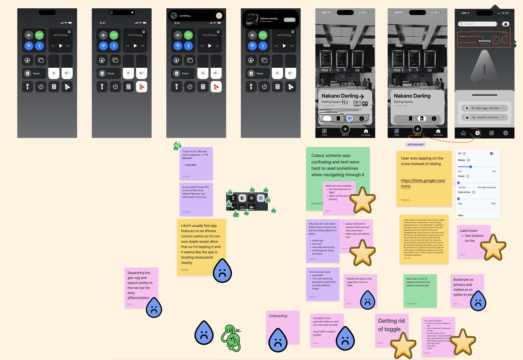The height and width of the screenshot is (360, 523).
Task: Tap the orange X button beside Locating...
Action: click(x=219, y=16)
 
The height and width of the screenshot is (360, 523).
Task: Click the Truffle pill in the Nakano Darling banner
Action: click(x=290, y=20)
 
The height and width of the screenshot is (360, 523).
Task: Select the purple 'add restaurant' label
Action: click(x=415, y=145)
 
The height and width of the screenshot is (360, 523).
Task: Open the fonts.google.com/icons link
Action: click(x=423, y=183)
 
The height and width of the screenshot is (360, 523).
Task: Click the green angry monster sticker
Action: click(x=231, y=338)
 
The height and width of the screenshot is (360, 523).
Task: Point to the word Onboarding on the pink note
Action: click(x=278, y=316)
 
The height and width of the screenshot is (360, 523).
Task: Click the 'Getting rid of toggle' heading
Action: click(x=391, y=325)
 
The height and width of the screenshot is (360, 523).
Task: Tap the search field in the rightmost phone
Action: click(x=478, y=24)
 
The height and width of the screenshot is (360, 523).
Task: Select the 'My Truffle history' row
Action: click(x=485, y=117)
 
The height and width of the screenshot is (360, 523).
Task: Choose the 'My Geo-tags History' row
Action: click(x=485, y=108)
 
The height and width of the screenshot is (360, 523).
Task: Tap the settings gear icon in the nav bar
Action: click(x=506, y=133)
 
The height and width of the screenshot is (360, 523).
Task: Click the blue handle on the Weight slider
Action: click(x=471, y=167)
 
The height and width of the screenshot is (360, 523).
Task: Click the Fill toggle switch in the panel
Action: click(x=492, y=153)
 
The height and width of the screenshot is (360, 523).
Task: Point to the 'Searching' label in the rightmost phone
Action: click(x=484, y=41)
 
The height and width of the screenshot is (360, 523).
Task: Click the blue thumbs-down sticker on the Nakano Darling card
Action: click(x=350, y=119)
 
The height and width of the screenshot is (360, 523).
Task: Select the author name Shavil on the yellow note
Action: click(x=405, y=200)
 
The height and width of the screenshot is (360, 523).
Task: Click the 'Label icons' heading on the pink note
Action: click(x=468, y=231)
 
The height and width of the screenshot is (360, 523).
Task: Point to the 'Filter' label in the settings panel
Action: click(x=461, y=215)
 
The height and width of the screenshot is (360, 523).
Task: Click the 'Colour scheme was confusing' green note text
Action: click(x=337, y=165)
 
